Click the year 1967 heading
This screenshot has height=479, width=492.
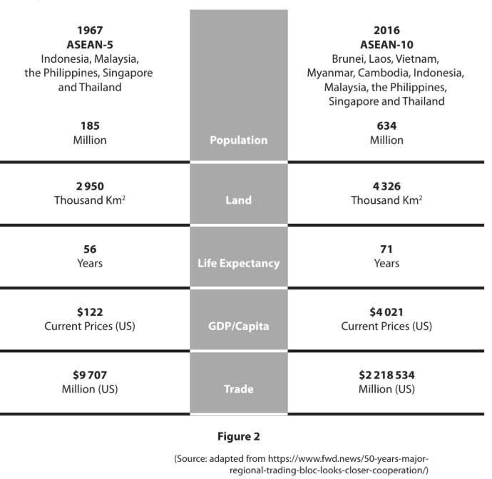(x=90, y=30)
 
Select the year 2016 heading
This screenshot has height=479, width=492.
(x=386, y=30)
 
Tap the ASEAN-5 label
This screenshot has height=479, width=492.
(x=90, y=43)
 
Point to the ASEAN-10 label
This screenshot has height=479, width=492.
(x=386, y=43)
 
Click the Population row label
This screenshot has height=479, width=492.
(x=238, y=140)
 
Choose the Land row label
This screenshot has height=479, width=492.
(x=238, y=200)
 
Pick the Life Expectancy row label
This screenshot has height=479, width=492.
(x=238, y=263)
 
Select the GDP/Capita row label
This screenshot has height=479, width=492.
(x=238, y=326)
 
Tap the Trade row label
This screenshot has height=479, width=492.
(x=238, y=389)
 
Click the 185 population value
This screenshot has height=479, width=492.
(x=90, y=126)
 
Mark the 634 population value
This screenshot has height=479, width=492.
(x=386, y=126)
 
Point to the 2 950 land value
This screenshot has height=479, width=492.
(x=90, y=186)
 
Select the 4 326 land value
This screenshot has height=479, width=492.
(x=386, y=186)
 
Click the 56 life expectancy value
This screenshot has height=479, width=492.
(x=90, y=249)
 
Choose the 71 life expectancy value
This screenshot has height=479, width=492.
(x=386, y=249)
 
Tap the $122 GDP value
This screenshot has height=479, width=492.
(x=90, y=312)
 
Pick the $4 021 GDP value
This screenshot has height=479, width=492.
(x=386, y=312)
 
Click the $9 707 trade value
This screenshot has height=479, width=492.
(x=90, y=375)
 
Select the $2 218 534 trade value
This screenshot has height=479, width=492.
(x=386, y=375)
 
